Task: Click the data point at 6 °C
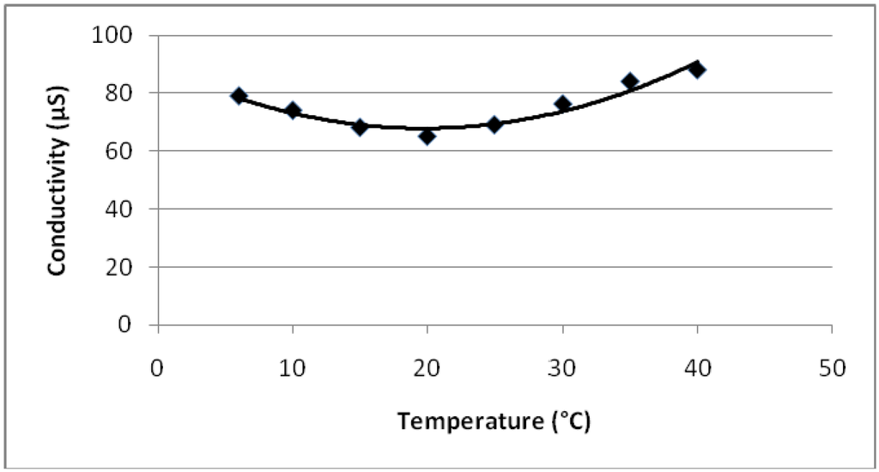pos(239,95)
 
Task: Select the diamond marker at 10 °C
pos(293,110)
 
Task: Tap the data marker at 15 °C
pos(360,127)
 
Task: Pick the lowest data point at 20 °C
pos(427,136)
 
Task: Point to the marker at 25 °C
pos(494,124)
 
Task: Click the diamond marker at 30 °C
pos(562,104)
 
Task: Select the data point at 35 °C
pos(629,82)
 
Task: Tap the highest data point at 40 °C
pos(696,69)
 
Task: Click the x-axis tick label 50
pos(831,368)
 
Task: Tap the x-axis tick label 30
pos(562,368)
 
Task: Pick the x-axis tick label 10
pos(293,368)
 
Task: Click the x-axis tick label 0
pos(158,368)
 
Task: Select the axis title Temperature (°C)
pos(494,421)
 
